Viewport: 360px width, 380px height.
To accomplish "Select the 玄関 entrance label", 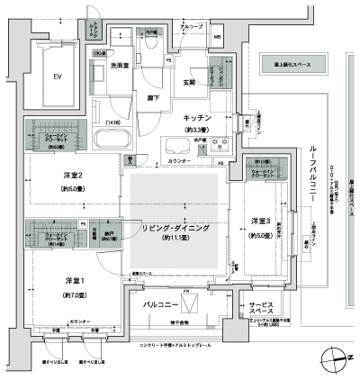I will coord(189,83).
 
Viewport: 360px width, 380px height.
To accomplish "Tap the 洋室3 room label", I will coord(261,221).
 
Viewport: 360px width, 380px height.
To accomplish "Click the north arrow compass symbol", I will coord(339,358).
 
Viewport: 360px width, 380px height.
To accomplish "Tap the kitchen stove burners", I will coord(220,146).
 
